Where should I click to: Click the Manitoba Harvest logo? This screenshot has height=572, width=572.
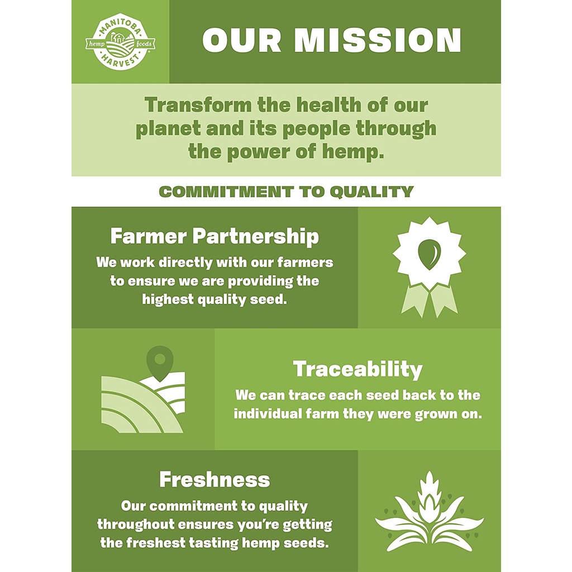point(121,44)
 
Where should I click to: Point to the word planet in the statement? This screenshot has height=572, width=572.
point(168,129)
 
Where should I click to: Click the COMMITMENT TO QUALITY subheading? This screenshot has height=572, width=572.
point(286,192)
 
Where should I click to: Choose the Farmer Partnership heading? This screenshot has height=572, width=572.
point(214,236)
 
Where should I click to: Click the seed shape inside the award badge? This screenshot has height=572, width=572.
point(429,254)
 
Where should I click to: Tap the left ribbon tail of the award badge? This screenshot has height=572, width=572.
point(414,300)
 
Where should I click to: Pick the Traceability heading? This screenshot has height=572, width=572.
point(357,369)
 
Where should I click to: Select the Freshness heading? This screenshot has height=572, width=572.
point(214,479)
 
